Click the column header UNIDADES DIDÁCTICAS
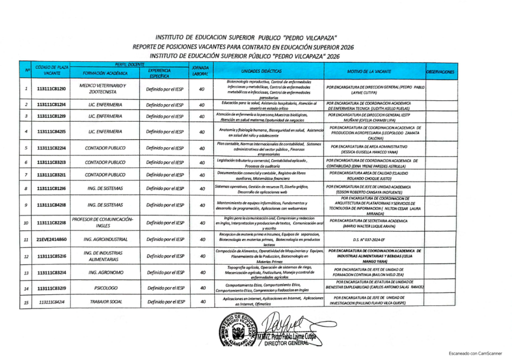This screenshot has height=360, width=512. (268, 71)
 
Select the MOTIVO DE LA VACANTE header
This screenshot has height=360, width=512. (372, 71)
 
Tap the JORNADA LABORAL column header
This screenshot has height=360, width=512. (200, 70)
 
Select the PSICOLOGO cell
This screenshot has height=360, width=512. (105, 288)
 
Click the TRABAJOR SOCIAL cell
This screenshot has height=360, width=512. (105, 302)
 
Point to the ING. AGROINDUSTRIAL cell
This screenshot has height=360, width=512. (105, 239)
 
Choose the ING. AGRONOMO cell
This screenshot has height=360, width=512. (105, 272)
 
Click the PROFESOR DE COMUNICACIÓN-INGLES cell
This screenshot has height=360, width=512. (102, 222)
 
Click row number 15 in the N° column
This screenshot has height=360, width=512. (25, 302)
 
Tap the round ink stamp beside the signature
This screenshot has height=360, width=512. (238, 331)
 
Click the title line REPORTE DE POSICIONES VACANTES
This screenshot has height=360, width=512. (243, 47)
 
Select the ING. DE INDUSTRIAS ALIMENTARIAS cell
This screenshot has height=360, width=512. (103, 256)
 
